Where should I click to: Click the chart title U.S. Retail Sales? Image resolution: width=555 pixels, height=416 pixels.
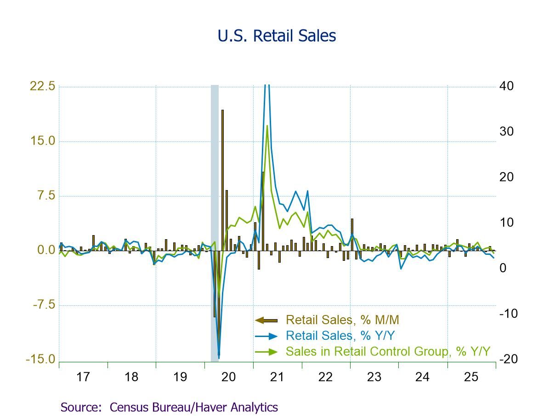[277, 36]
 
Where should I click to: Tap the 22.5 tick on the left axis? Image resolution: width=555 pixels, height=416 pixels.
[42, 86]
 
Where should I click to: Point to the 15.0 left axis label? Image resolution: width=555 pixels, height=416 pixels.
[42, 141]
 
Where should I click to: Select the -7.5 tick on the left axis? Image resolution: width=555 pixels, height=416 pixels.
[42, 305]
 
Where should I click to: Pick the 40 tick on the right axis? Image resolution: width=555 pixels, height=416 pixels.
[507, 86]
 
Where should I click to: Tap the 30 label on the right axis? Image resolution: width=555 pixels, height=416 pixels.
[507, 132]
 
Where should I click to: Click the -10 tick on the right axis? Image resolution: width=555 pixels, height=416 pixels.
[509, 314]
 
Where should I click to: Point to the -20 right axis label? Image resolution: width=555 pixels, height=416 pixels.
[509, 360]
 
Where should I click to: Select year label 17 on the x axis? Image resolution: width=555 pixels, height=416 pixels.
[83, 377]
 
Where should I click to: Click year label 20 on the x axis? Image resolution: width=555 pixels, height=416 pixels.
[228, 377]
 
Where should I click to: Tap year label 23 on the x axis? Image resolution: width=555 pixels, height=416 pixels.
[374, 377]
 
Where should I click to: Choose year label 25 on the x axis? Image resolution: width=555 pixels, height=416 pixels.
[471, 377]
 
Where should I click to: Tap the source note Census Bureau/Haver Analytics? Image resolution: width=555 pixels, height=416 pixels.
[169, 407]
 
